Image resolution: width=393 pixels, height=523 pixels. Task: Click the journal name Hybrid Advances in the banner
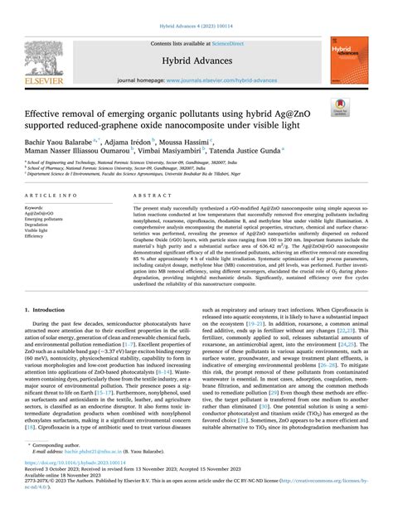pyautogui.click(x=196, y=61)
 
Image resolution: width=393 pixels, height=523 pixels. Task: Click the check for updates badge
pyautogui.click(x=339, y=107)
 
